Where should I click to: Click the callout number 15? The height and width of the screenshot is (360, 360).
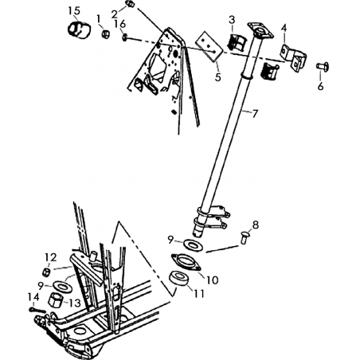tap(74, 11)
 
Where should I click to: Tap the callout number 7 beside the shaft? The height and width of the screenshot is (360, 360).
tap(255, 114)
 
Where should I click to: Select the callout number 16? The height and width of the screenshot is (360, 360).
tap(120, 24)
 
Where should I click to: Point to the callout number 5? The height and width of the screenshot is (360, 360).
tap(218, 77)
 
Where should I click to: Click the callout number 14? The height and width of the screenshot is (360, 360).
tap(33, 297)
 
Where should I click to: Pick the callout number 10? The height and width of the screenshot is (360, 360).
tap(213, 280)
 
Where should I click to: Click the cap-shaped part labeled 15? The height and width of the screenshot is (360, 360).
tap(78, 29)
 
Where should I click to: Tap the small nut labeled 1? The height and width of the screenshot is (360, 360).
tap(106, 34)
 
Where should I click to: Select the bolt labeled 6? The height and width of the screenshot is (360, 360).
tap(323, 66)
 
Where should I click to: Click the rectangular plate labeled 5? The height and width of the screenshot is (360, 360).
tap(209, 46)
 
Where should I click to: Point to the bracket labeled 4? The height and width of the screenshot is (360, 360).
tap(293, 57)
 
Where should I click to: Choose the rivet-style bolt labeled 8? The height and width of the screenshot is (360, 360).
tap(244, 237)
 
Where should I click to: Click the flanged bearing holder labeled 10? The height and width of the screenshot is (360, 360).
tap(186, 262)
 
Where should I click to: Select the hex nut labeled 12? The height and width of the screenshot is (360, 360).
tap(46, 272)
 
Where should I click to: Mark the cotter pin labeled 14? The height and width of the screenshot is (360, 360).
tap(37, 310)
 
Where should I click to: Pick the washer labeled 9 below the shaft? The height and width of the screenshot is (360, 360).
tap(193, 245)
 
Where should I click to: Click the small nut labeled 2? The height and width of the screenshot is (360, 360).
tap(131, 4)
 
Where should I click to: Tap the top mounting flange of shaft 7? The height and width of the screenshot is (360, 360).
tap(260, 31)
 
